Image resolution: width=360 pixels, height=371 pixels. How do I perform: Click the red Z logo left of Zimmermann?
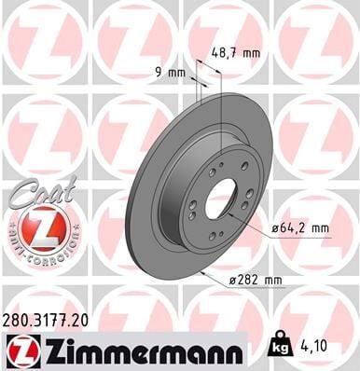click(18, 350)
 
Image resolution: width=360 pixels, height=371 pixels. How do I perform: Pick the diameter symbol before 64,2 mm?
click(277, 227)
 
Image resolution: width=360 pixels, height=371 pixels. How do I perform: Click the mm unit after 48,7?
click(249, 53)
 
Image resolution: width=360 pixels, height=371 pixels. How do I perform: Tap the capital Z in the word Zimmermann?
click(46, 350)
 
